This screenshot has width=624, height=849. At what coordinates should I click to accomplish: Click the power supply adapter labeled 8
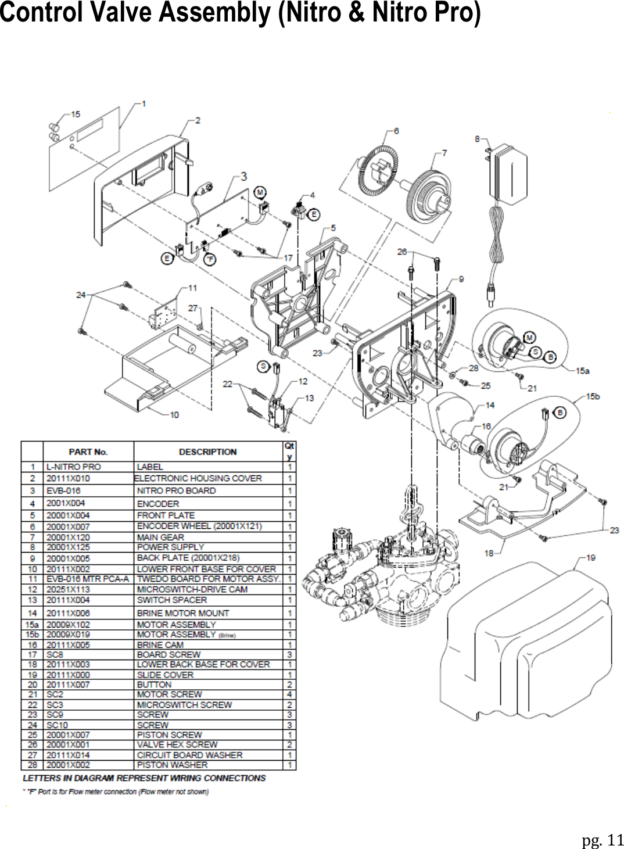coord(509,174)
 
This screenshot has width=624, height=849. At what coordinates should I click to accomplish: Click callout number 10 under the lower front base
coord(174,415)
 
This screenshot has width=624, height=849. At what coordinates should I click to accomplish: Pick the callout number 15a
coord(582,370)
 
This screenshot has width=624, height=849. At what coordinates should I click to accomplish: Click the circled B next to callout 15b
coord(559,412)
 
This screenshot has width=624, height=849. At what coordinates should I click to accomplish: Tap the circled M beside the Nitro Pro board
coord(260,192)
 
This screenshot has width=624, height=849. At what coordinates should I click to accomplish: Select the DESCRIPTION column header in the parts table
coord(207,452)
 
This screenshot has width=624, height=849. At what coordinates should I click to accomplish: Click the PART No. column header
coord(88,452)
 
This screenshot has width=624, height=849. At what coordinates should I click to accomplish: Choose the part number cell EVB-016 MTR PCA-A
coord(88,579)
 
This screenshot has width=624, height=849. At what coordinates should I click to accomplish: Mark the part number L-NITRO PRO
coord(74,467)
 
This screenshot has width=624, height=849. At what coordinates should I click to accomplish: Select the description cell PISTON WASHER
coord(172,765)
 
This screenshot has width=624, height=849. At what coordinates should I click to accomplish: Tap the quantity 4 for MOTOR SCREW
coord(289,694)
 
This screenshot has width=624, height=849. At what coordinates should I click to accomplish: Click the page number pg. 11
coord(602,840)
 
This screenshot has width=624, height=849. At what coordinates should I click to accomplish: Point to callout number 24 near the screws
coord(81,295)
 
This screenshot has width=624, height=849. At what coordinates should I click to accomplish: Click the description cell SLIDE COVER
coord(165,675)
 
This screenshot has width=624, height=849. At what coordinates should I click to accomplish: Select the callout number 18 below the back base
coord(489,553)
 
